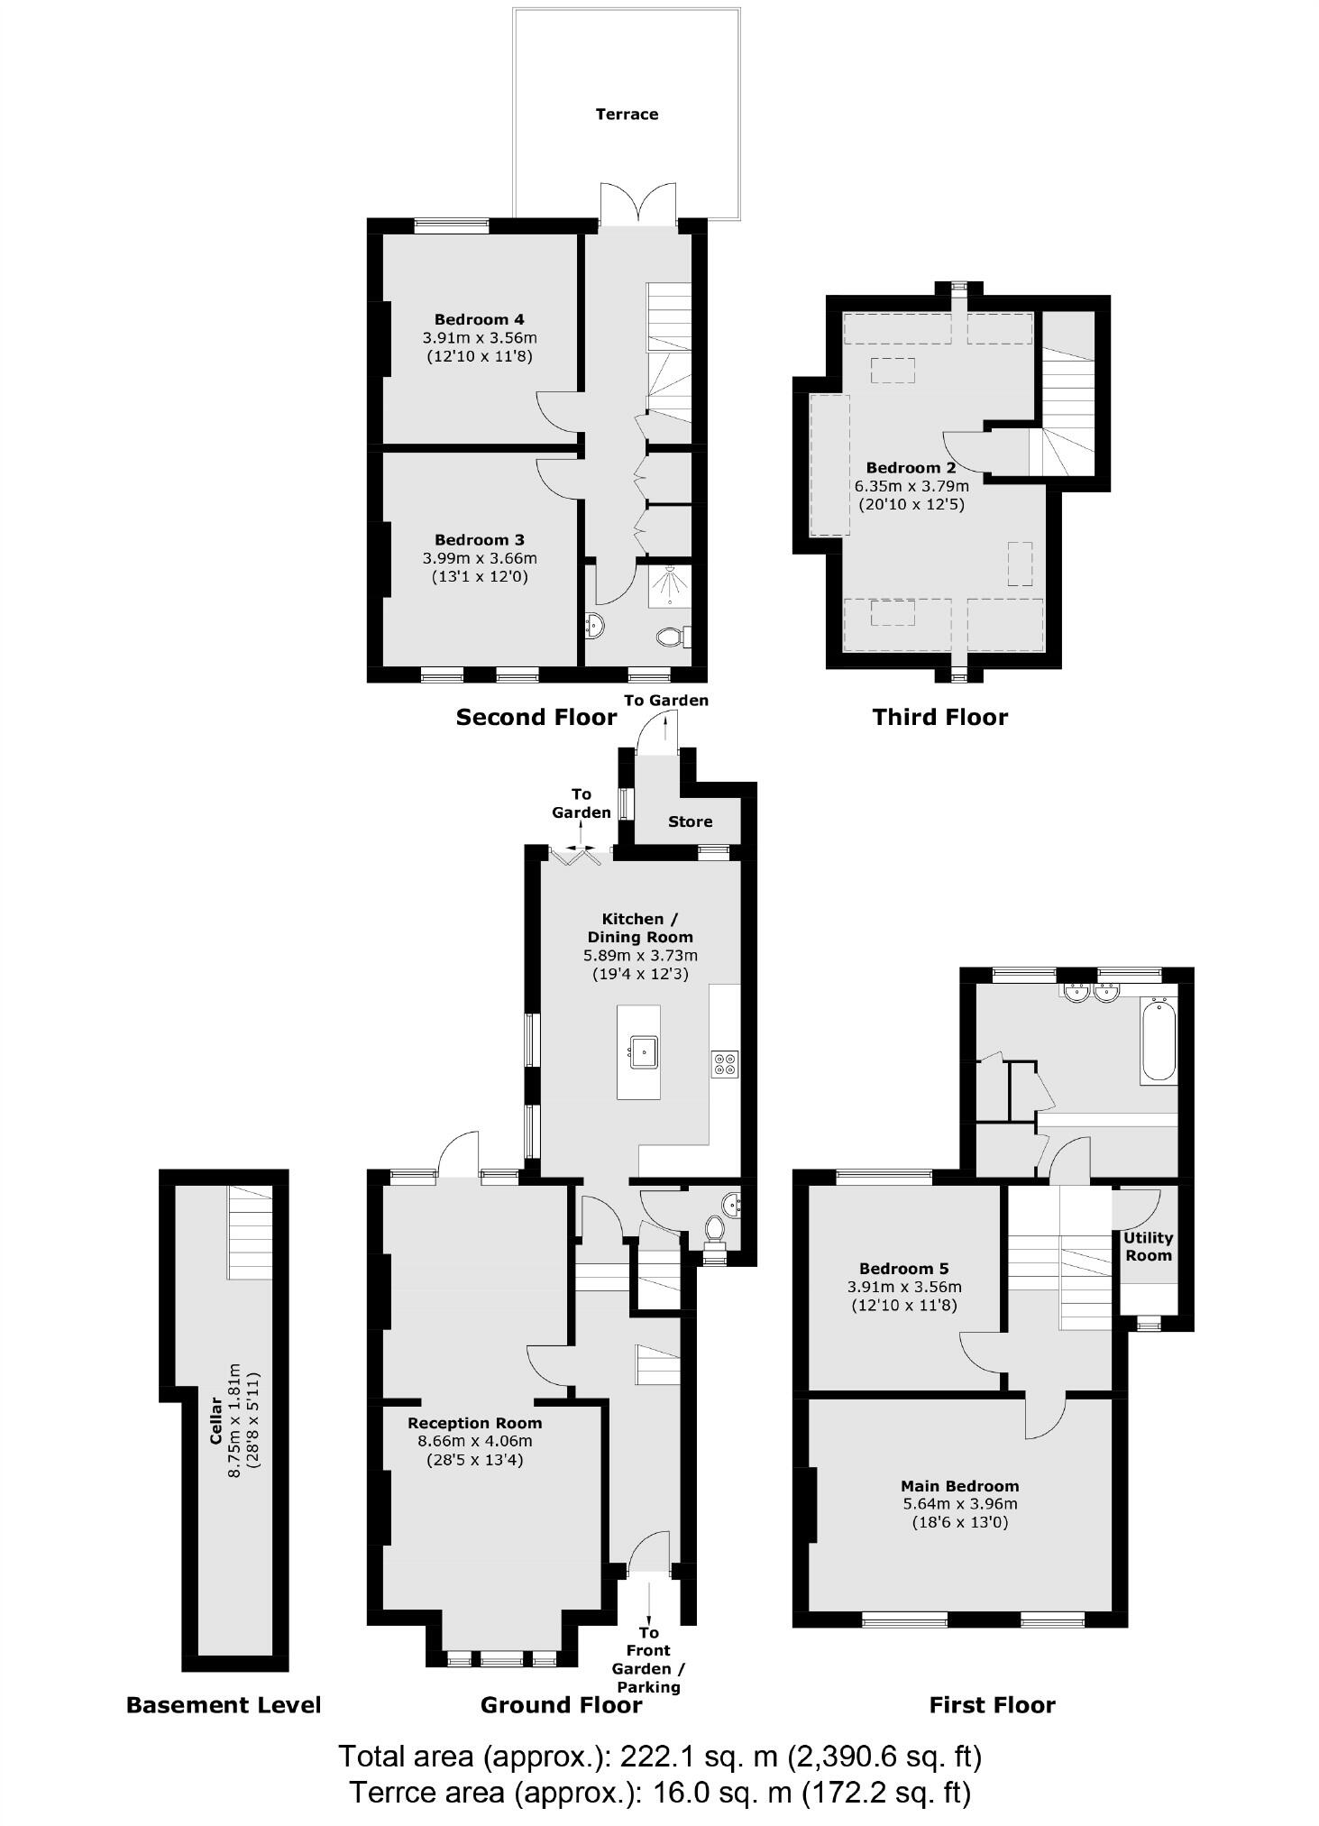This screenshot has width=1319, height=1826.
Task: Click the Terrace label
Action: [x=627, y=114]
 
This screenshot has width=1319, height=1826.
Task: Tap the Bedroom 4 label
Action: [x=479, y=319]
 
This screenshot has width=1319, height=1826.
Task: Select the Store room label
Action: [x=690, y=821]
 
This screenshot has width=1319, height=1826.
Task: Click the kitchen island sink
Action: [x=644, y=1051]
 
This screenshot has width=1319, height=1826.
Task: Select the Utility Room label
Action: [x=1148, y=1246]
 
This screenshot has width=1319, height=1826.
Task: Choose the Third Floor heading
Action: [x=939, y=717]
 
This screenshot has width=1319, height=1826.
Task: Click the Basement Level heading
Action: [x=224, y=1704]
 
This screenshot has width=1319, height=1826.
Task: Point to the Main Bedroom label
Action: [x=959, y=1485]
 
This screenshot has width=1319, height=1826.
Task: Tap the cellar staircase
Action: [x=250, y=1232]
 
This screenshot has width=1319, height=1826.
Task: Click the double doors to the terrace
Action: [x=638, y=204]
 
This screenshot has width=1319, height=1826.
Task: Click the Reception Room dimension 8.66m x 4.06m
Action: [x=474, y=1441]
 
